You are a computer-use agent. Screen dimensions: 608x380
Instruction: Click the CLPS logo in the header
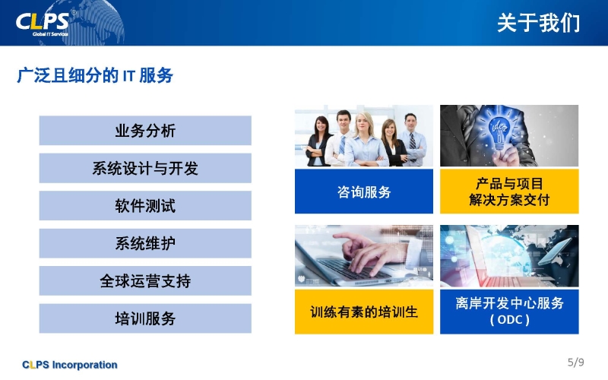tap(43, 24)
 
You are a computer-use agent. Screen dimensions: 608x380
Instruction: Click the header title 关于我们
tap(539, 23)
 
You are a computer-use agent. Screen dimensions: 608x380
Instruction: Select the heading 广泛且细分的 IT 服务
tap(95, 75)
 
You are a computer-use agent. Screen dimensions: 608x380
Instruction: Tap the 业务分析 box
tap(145, 131)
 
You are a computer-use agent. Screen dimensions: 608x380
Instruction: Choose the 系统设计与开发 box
tap(145, 168)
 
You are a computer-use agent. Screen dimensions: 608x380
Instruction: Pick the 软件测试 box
tap(145, 206)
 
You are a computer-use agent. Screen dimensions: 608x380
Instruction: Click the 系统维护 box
tap(145, 243)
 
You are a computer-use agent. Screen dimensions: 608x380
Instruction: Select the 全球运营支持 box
tap(145, 281)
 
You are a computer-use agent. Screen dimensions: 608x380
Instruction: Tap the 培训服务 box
tap(145, 318)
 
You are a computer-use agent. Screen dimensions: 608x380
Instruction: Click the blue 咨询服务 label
tap(364, 192)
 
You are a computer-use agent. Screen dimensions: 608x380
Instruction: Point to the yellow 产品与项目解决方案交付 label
tap(509, 192)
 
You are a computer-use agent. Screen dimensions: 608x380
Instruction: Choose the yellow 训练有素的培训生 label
tap(364, 312)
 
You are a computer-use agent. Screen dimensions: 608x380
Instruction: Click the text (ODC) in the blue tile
tap(509, 320)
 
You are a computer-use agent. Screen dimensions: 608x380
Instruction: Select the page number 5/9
tap(576, 363)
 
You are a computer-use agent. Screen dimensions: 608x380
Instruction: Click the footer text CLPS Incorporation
tap(70, 365)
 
